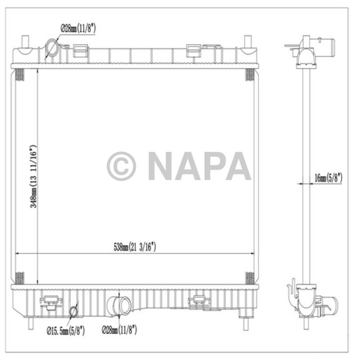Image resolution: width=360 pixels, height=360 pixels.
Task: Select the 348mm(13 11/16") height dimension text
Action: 33,176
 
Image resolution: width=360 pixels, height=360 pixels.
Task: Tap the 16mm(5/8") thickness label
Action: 330,177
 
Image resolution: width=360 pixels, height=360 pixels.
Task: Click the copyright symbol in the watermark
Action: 121,166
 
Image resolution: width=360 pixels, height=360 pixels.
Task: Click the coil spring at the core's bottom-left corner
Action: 19,277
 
